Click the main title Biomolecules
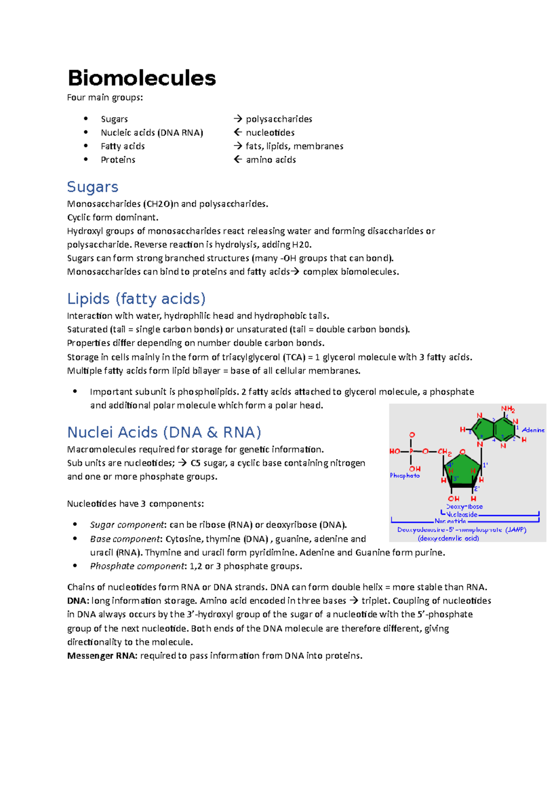point(141,78)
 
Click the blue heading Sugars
point(92,187)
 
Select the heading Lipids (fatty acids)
point(136,299)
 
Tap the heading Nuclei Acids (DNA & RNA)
point(164,432)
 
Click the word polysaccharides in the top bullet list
point(279,119)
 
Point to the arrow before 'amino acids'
point(238,160)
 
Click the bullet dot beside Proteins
point(86,159)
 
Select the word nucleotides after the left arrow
point(270,133)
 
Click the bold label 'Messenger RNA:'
point(102,656)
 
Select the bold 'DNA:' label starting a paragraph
point(78,601)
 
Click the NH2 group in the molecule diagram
point(508,409)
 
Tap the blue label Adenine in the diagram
point(533,430)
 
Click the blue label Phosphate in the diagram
point(405,475)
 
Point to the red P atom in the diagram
point(411,451)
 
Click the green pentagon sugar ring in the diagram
point(462,470)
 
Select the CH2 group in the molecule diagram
point(444,452)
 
